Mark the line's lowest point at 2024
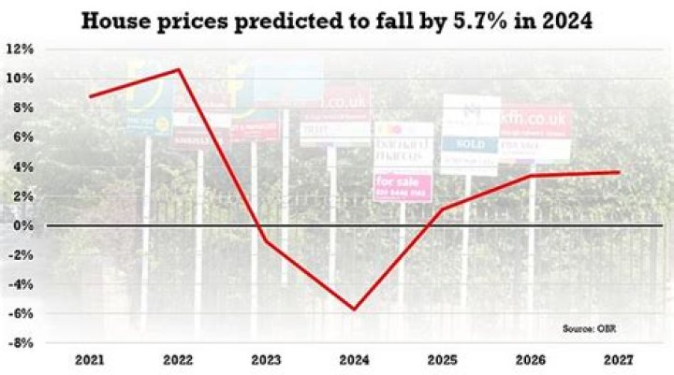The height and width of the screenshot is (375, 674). (x=355, y=309)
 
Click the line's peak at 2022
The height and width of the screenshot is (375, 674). (x=178, y=69)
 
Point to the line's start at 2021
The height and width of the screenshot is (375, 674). (x=90, y=96)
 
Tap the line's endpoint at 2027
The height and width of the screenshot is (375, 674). (x=619, y=172)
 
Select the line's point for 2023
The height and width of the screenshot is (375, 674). (x=266, y=241)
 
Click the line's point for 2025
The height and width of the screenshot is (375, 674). (x=443, y=209)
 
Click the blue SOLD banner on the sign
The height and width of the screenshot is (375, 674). (x=470, y=145)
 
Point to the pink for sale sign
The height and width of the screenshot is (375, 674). (x=403, y=187)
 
